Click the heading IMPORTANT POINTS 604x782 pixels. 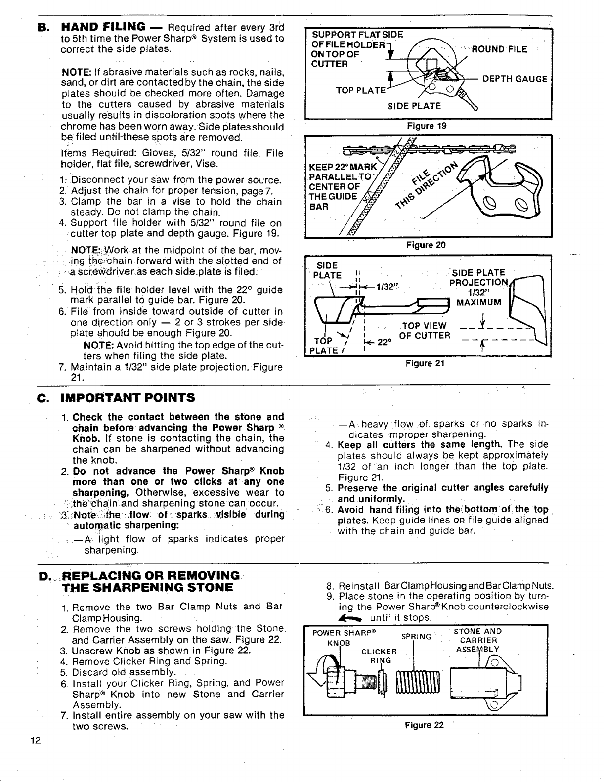coord(128,398)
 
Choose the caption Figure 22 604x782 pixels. coord(424,726)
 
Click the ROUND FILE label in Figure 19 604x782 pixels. coord(499,49)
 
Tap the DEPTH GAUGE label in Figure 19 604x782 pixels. coord(515,79)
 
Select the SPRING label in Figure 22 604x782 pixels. coord(416,636)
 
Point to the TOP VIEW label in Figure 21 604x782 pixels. coord(425,325)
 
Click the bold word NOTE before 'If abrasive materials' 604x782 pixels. coord(72,72)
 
